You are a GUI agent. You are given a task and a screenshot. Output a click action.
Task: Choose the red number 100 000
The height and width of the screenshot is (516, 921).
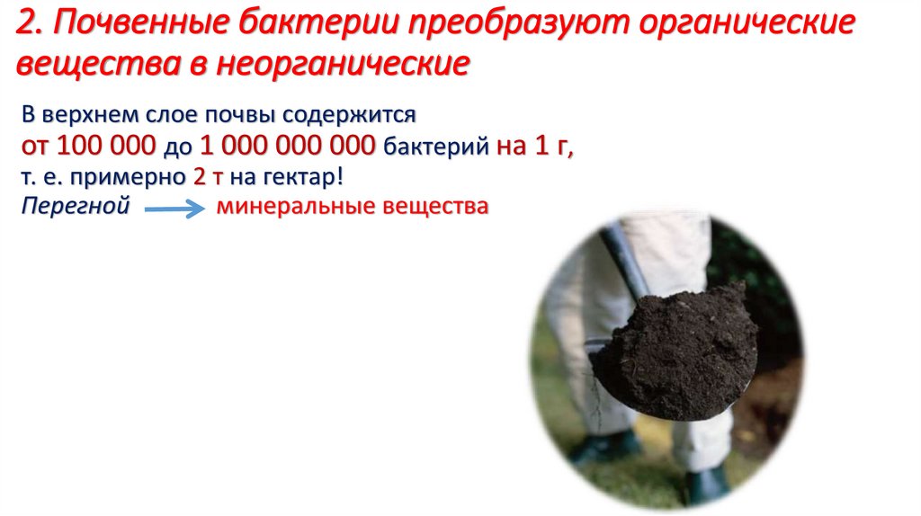(x=106, y=147)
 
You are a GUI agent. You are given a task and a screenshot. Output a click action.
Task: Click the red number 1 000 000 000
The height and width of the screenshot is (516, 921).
(x=289, y=147)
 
